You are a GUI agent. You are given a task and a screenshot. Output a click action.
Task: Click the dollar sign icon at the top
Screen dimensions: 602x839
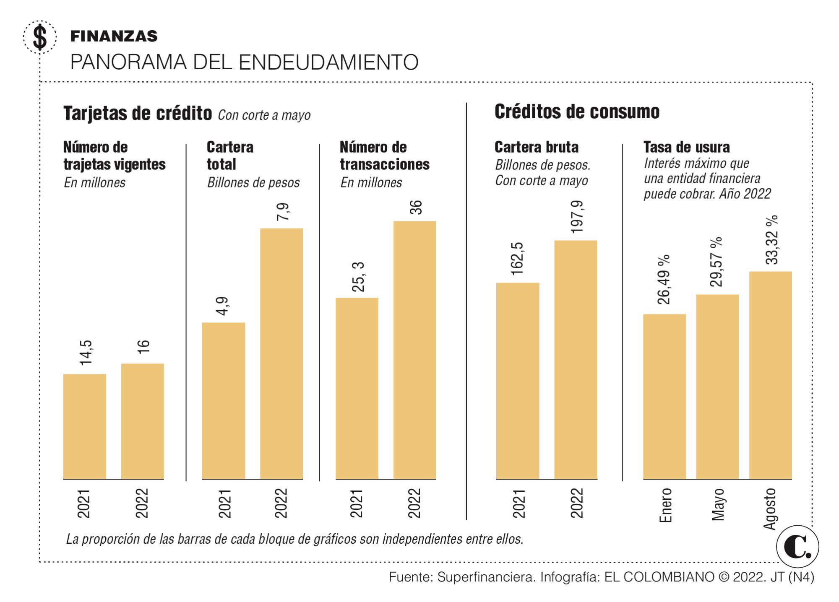40,37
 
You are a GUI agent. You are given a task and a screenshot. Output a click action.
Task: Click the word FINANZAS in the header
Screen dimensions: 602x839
114,36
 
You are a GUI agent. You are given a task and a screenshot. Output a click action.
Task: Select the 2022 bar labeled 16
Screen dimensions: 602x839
142,421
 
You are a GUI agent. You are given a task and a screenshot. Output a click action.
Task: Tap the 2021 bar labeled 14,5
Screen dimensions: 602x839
84,426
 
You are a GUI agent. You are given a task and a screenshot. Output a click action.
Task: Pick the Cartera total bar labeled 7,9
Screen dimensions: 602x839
281,353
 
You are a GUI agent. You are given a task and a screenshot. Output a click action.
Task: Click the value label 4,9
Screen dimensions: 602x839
223,306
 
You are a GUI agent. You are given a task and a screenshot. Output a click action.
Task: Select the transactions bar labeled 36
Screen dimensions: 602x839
414,350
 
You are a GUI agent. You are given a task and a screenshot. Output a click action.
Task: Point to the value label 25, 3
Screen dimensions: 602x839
358,277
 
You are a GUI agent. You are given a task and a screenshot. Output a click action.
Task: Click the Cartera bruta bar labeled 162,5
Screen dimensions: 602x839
517,381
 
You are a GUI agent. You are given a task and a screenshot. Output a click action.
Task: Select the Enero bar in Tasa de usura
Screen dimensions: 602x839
664,396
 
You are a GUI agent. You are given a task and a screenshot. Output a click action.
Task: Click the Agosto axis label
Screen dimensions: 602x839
770,509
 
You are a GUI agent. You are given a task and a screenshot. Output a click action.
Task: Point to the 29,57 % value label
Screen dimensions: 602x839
717,262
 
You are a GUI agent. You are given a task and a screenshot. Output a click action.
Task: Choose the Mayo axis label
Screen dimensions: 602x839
718,504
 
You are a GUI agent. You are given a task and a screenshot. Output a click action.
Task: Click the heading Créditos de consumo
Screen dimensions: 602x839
577,112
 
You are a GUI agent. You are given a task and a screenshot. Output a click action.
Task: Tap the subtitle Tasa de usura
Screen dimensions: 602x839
686,147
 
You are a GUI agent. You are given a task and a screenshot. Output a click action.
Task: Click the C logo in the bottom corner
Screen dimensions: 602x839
797,546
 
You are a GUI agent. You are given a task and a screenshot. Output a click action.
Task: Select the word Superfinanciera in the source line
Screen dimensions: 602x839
486,577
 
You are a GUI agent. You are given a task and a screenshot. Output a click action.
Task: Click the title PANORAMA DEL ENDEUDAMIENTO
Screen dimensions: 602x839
244,62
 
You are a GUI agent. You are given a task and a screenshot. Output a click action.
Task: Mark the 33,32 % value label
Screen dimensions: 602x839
772,240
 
